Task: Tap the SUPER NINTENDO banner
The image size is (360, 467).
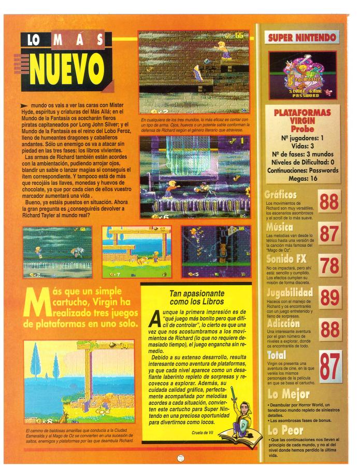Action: pos(303,37)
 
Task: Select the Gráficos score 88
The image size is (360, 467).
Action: pos(330,203)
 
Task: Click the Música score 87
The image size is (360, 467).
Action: pos(330,234)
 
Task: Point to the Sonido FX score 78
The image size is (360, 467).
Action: pos(330,266)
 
